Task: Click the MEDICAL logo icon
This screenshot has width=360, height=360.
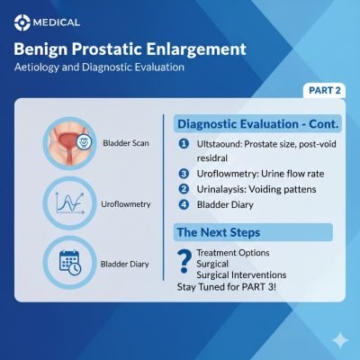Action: click(20, 21)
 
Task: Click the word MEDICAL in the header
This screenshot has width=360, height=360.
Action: click(56, 21)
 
